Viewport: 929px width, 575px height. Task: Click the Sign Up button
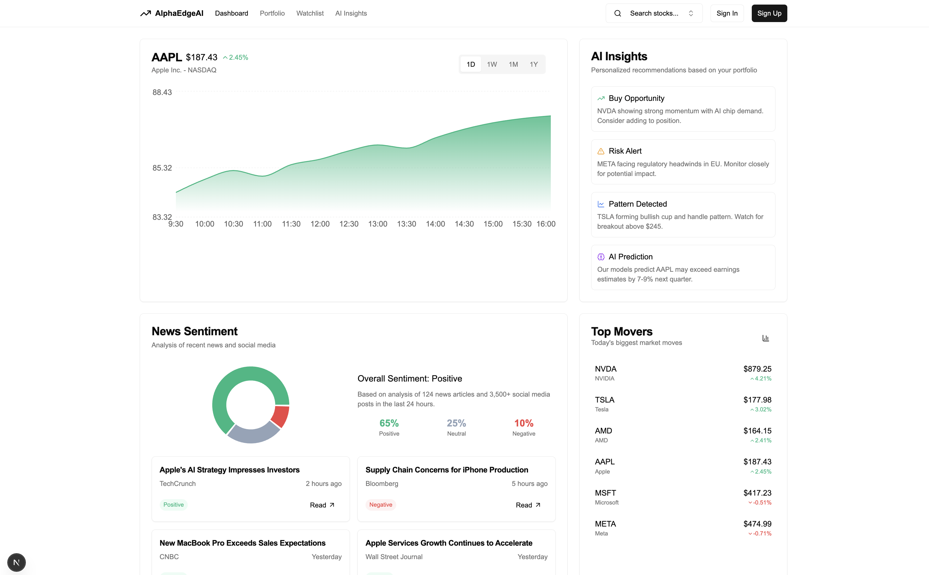[769, 13]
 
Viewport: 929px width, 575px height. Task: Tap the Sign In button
[726, 13]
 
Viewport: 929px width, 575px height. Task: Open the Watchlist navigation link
[310, 13]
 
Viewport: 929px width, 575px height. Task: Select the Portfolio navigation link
[272, 13]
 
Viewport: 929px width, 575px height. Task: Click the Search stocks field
[654, 13]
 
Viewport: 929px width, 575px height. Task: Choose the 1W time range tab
[492, 64]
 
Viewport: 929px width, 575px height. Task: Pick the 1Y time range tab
[534, 64]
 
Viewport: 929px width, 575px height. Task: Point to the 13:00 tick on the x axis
[378, 224]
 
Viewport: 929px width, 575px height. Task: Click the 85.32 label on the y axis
[162, 168]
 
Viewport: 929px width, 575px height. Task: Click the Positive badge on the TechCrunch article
[173, 505]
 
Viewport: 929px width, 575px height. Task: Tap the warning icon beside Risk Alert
[601, 151]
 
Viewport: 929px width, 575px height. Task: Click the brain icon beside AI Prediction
[601, 257]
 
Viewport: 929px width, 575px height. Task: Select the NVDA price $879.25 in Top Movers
[757, 369]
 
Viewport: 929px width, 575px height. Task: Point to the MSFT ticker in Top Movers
[605, 493]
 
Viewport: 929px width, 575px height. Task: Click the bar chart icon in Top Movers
[765, 338]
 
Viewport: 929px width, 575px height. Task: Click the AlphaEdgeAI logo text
[179, 13]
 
